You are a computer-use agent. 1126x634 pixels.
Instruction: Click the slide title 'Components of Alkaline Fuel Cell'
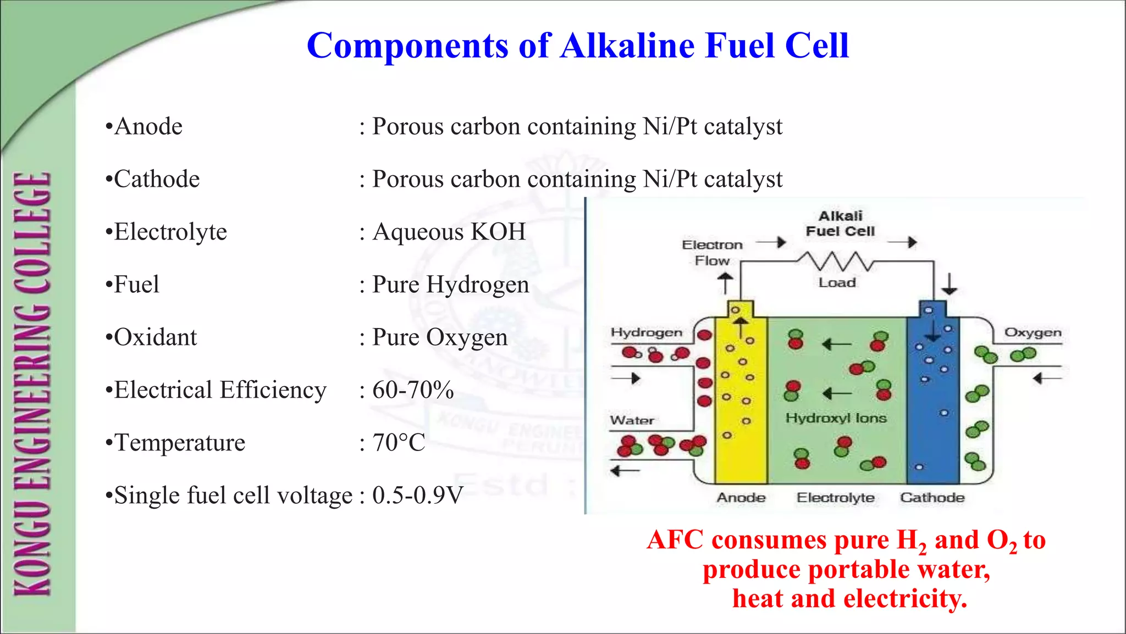[x=577, y=45]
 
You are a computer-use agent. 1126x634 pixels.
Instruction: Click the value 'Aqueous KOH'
[x=449, y=232]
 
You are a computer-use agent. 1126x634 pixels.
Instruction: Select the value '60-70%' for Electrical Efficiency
[x=413, y=390]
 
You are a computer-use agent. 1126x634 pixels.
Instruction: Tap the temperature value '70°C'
[x=399, y=443]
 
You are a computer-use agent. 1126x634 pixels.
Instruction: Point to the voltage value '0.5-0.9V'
[x=418, y=496]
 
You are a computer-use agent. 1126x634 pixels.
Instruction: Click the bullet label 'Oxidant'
[x=155, y=337]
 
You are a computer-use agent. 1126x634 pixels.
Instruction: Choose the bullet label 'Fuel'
[x=136, y=285]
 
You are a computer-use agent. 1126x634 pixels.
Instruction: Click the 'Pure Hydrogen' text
[x=451, y=285]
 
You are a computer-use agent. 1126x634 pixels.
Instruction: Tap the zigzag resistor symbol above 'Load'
[x=836, y=261]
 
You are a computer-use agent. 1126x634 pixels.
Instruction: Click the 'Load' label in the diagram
[x=837, y=283]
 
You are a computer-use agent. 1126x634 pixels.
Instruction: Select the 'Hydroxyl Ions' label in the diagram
[x=836, y=418]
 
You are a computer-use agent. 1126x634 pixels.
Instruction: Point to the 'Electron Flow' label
[x=712, y=253]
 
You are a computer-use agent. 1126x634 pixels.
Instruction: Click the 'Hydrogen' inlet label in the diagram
[x=646, y=332]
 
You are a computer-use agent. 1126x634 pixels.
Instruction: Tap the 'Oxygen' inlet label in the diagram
[x=1033, y=332]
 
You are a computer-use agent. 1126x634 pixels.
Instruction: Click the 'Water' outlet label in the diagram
[x=632, y=421]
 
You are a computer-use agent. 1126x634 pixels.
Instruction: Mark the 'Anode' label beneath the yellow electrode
[x=741, y=498]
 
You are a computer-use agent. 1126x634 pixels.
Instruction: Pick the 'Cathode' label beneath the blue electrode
[x=932, y=498]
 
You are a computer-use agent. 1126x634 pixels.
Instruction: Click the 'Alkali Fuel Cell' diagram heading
[x=840, y=224]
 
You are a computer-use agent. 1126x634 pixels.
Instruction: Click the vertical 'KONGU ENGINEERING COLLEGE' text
[x=33, y=385]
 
